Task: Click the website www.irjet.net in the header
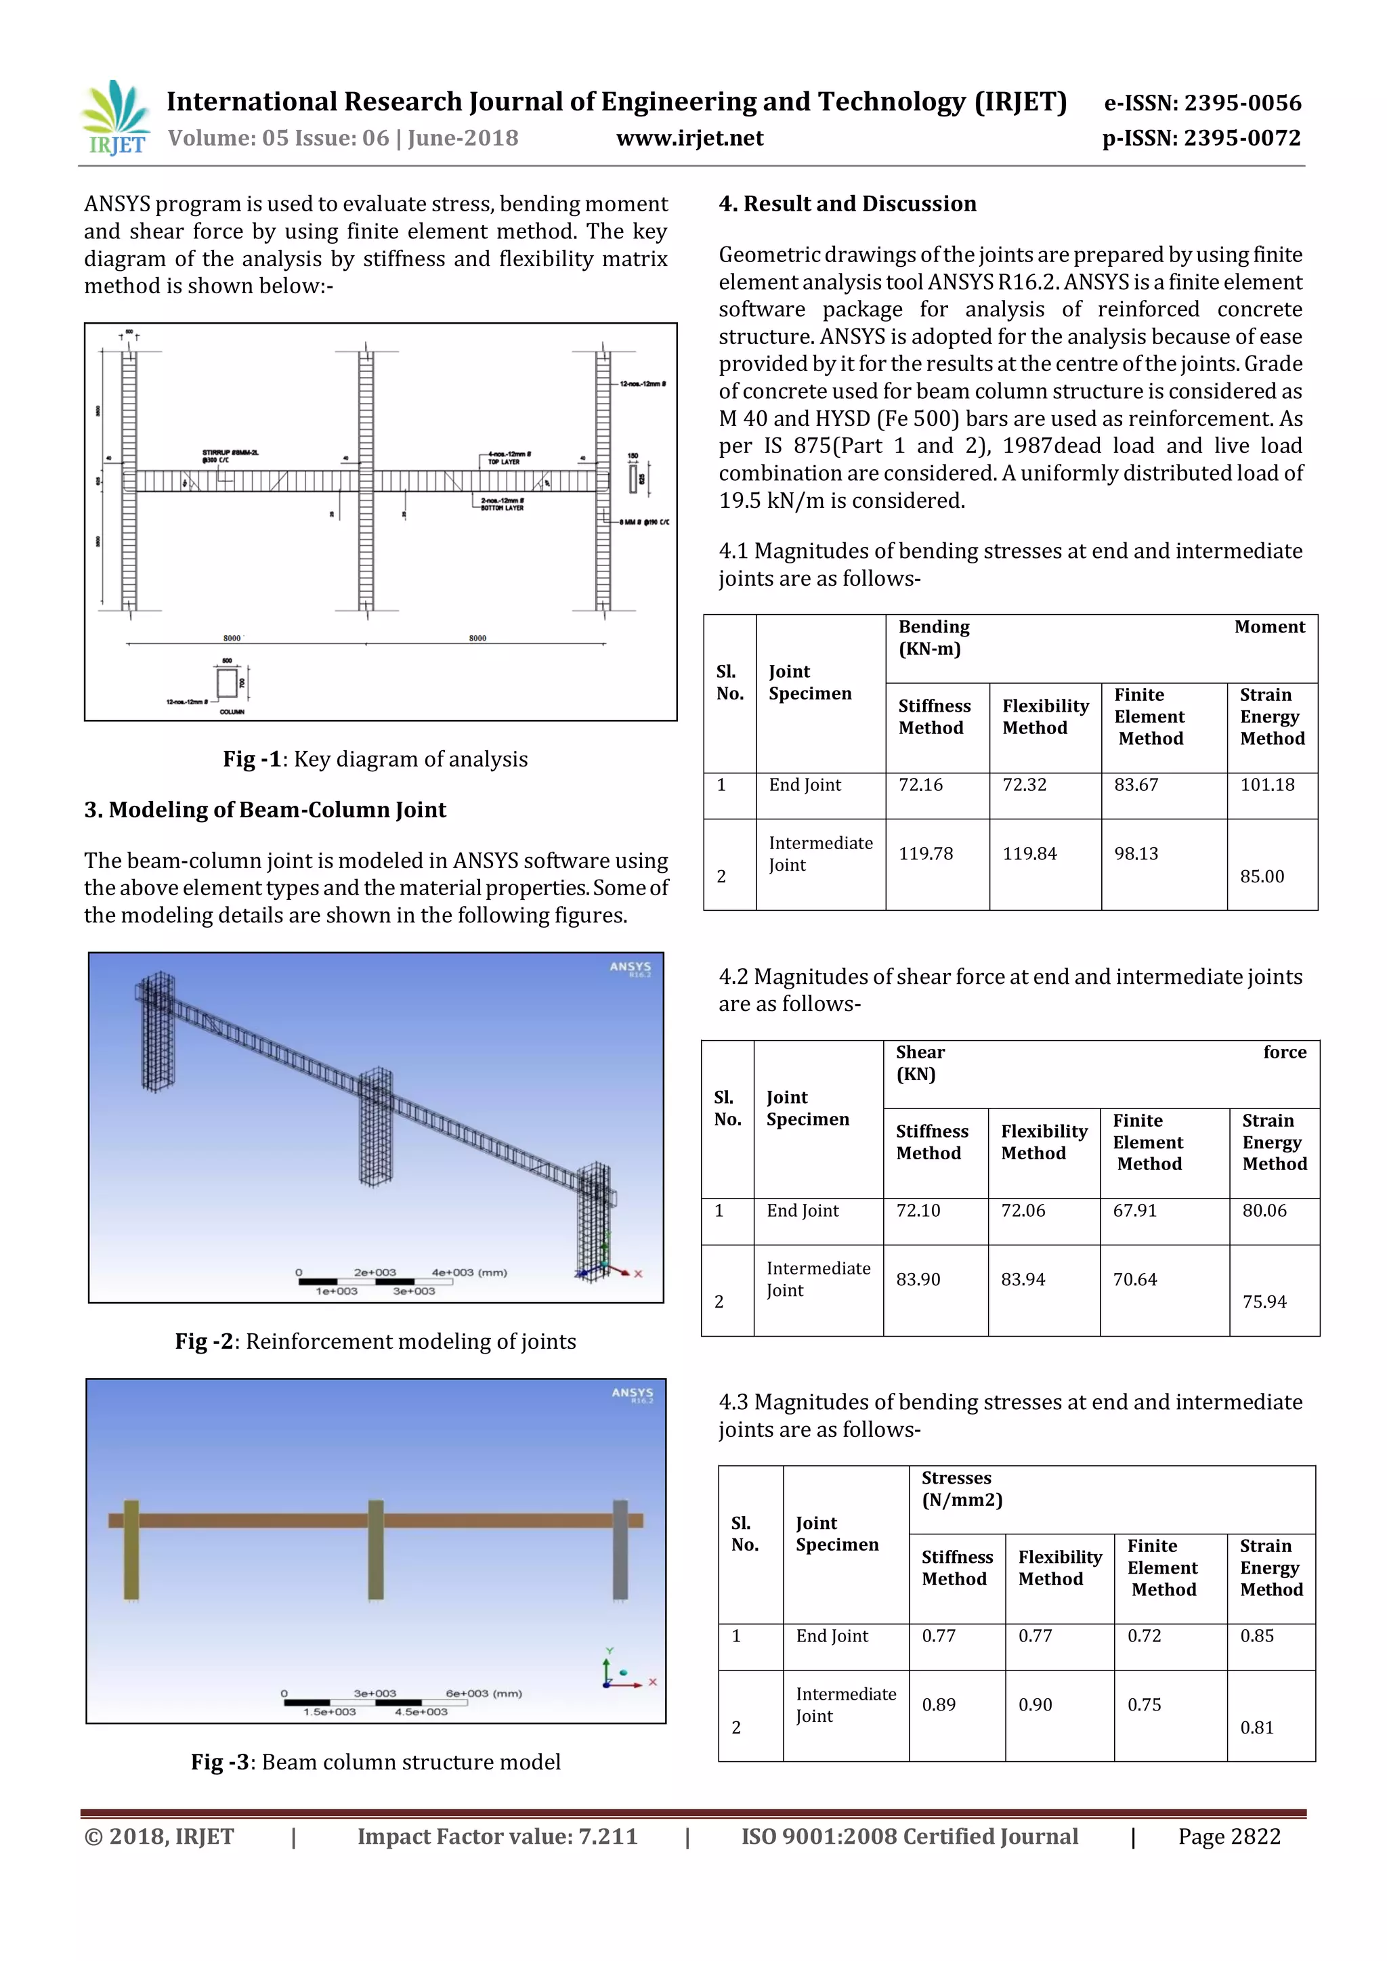coord(689,138)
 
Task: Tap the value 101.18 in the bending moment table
coord(1266,785)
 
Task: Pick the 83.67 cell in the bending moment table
coord(1136,785)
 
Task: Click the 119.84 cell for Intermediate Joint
coord(1029,853)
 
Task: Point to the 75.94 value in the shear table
coord(1264,1301)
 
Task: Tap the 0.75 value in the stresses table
coord(1144,1705)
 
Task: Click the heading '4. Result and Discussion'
coord(847,203)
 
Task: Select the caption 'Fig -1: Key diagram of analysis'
coord(375,759)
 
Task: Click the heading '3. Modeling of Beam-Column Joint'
coord(265,810)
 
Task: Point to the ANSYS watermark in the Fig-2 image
coord(631,968)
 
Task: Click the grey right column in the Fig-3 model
coord(621,1549)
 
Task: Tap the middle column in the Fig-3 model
coord(376,1549)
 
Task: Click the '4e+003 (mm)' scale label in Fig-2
coord(469,1272)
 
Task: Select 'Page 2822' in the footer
coord(1229,1837)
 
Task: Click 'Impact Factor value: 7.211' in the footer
coord(497,1837)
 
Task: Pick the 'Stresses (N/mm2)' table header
coord(962,1488)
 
